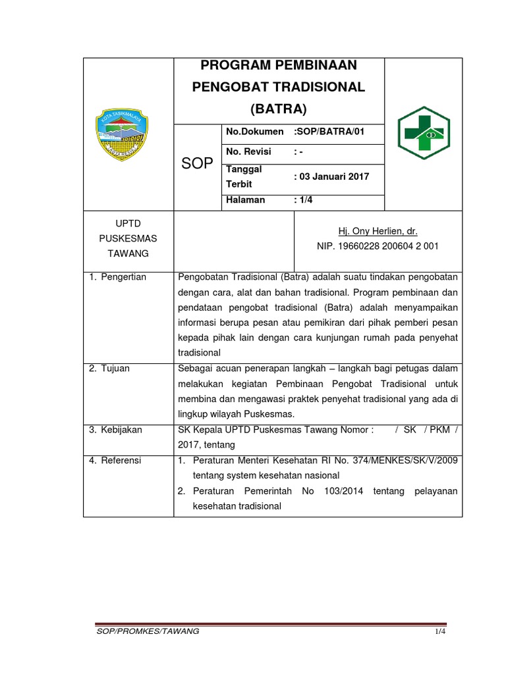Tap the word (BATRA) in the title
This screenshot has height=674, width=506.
coord(279,108)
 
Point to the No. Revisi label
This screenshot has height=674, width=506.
coord(248,152)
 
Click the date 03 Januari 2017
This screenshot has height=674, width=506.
coord(334,176)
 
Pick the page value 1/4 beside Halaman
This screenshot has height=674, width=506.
coord(304,200)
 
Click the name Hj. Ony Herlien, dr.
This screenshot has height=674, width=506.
coord(378,231)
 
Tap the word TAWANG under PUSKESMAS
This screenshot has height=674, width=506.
coord(130,253)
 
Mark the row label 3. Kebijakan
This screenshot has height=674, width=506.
coord(116,430)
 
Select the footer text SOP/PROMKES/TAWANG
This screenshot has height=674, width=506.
coord(148,631)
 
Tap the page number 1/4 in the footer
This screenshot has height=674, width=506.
coord(440,632)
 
